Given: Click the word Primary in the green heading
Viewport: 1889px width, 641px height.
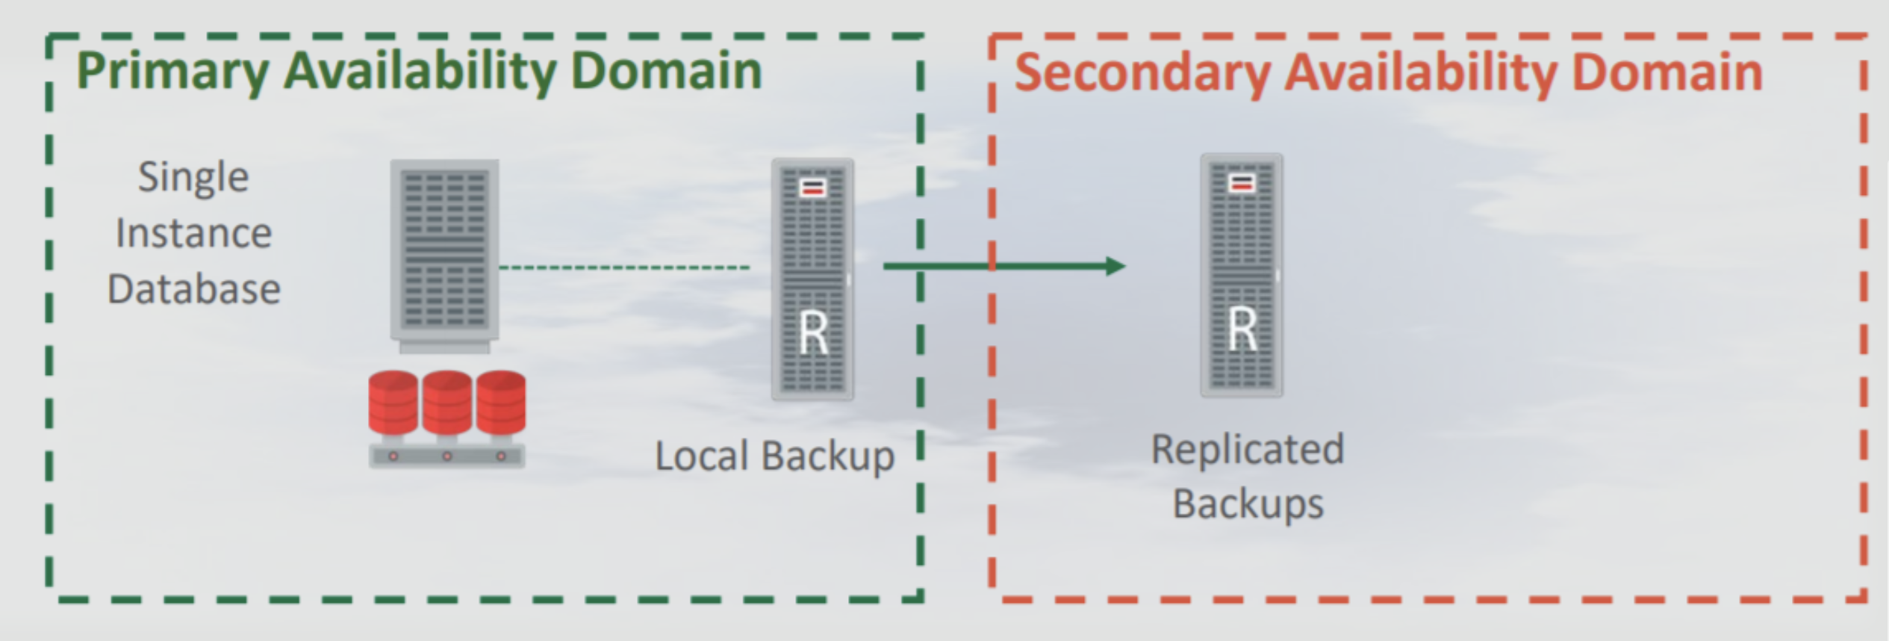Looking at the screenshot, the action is (x=172, y=72).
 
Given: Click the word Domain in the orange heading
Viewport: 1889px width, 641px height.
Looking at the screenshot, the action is (x=1667, y=72).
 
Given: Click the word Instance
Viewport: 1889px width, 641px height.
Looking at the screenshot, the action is (x=193, y=233).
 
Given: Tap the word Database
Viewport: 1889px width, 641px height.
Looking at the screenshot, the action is (x=193, y=289).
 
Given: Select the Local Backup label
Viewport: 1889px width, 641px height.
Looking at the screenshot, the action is (x=774, y=456).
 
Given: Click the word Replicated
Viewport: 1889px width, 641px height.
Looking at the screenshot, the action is (x=1248, y=450).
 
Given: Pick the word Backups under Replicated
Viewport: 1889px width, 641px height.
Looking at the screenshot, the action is (x=1248, y=504).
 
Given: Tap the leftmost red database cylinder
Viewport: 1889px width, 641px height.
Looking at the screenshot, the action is (x=393, y=403).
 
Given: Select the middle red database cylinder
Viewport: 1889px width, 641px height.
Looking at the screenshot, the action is (x=446, y=403).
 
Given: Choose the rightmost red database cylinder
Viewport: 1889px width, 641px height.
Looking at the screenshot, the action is (x=501, y=403).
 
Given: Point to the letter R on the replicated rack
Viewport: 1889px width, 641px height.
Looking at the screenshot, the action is (x=1242, y=329).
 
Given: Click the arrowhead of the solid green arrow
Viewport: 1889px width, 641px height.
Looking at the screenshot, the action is (x=1115, y=266).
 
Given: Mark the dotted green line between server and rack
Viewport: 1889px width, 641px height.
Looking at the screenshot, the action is (x=624, y=267).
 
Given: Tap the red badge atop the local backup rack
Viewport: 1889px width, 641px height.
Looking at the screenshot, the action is (x=813, y=188).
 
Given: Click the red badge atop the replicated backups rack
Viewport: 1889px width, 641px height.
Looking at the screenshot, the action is (x=1242, y=183).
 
